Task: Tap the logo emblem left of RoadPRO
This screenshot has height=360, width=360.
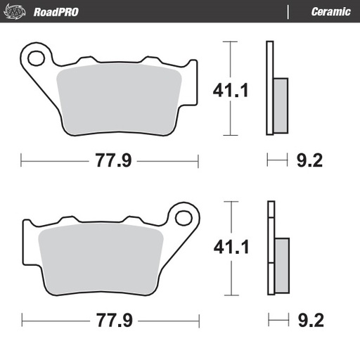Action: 17,11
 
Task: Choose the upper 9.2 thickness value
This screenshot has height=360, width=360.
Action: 309,160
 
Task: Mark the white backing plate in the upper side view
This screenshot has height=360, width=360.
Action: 269,88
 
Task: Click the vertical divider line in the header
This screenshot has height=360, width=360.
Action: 289,11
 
